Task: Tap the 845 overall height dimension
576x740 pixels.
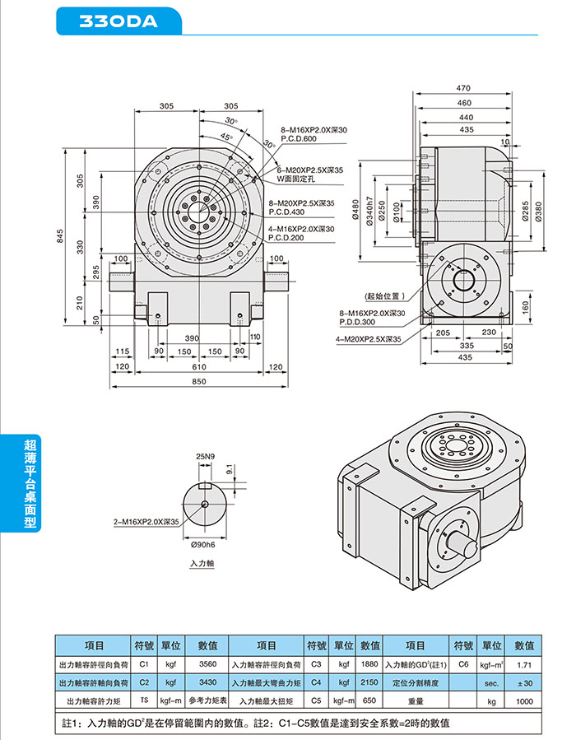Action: click(x=59, y=237)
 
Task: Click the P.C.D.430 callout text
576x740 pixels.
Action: click(x=285, y=211)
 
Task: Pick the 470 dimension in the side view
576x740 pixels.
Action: click(x=463, y=88)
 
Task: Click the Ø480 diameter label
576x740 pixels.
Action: click(x=356, y=212)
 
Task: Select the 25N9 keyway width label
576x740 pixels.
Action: click(x=205, y=455)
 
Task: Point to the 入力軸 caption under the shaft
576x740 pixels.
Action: click(x=202, y=564)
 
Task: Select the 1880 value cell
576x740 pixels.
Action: click(x=369, y=663)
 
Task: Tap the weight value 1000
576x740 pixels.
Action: click(x=524, y=700)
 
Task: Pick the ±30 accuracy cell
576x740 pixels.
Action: click(x=524, y=682)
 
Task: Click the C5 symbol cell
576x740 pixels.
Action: click(x=316, y=700)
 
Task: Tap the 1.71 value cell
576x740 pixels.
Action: click(x=524, y=663)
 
